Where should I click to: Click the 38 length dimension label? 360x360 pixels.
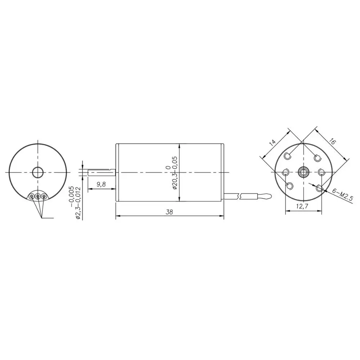coord(170,212)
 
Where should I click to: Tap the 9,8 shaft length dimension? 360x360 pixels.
coord(101,184)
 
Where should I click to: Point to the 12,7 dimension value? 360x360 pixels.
coord(302,206)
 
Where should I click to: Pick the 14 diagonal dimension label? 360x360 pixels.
coord(273,143)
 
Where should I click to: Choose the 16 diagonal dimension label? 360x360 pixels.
coord(332,141)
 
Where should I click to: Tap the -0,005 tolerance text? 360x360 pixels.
coord(71,197)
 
